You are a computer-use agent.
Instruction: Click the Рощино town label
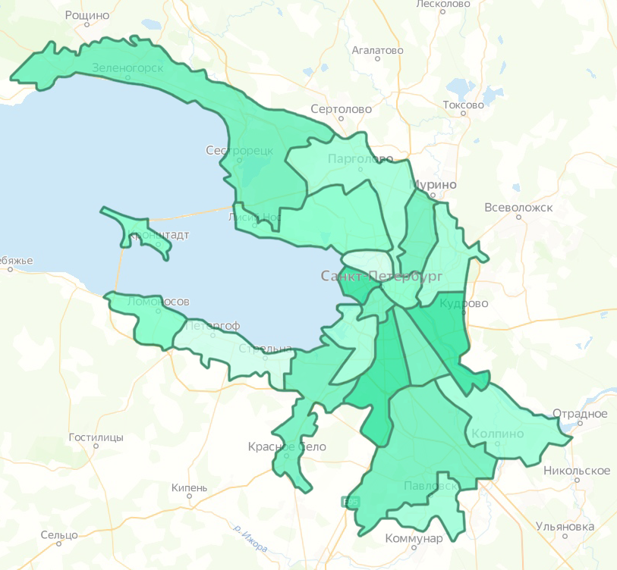click(87, 15)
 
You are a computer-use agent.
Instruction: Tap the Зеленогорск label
click(127, 67)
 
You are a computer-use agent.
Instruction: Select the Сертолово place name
click(342, 109)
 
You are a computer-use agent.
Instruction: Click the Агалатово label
click(378, 51)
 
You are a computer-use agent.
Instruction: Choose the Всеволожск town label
click(519, 207)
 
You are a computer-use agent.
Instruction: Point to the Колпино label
click(498, 434)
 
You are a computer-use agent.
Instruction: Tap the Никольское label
click(577, 471)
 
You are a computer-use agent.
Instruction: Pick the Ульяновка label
click(564, 526)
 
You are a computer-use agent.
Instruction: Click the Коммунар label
click(414, 538)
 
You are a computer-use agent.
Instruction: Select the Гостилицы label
click(96, 438)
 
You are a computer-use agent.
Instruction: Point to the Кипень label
click(189, 488)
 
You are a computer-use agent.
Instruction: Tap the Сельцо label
click(59, 535)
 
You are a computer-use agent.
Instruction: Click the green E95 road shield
click(350, 502)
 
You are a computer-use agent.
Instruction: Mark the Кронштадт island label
click(159, 235)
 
